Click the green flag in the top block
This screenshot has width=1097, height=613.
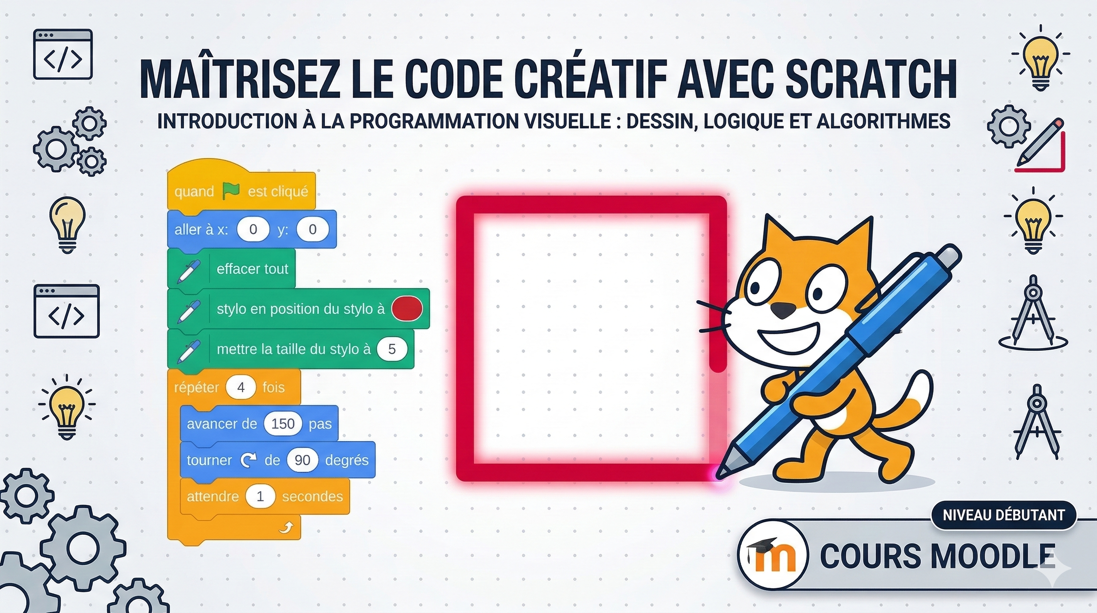pos(231,192)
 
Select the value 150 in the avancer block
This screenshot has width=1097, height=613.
pos(283,423)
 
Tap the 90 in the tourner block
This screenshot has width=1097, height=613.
pos(303,460)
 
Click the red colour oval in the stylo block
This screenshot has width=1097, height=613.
pos(407,308)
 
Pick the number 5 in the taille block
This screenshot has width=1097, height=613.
pos(392,349)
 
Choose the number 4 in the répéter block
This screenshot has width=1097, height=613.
pos(241,387)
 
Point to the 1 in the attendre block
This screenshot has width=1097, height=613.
pos(260,496)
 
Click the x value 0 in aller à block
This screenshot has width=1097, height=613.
pos(253,229)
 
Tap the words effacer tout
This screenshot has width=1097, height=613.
pos(253,269)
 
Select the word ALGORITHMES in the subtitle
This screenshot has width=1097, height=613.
pos(884,121)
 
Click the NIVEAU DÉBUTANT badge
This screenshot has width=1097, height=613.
pos(1004,515)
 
